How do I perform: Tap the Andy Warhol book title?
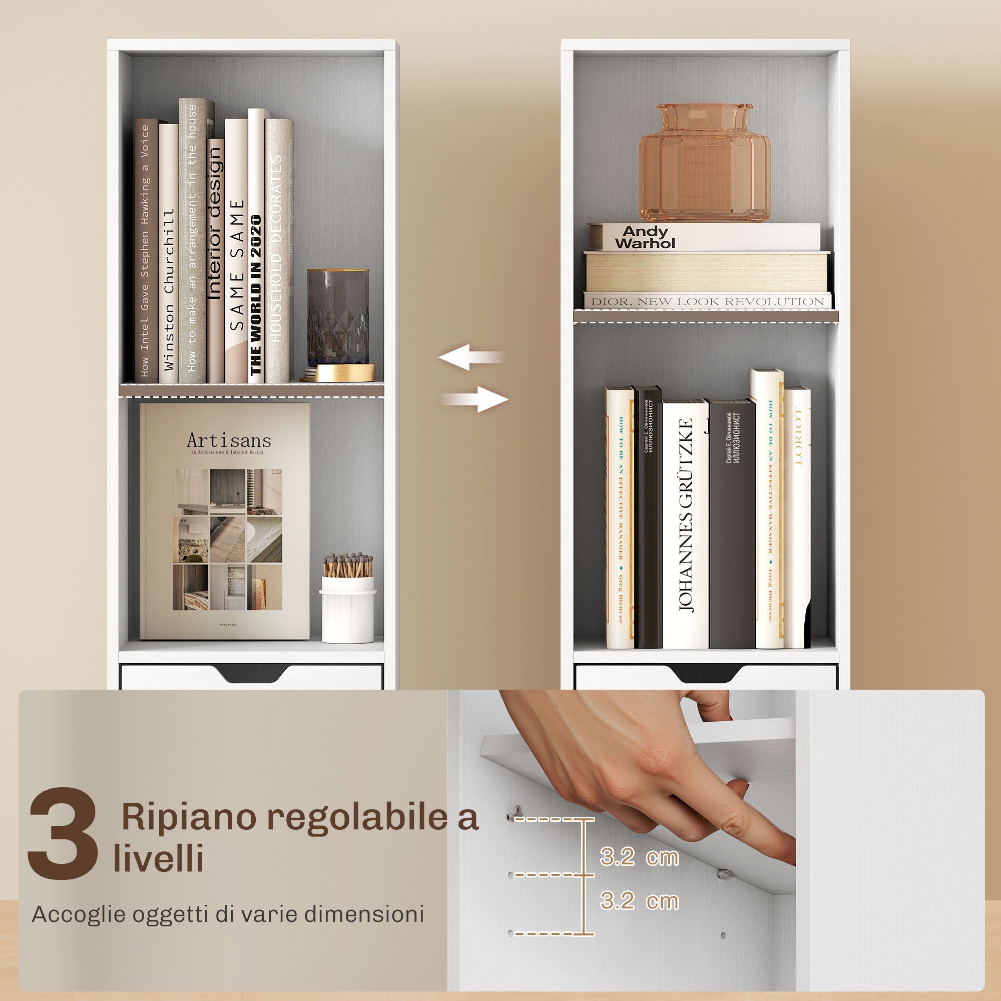tap(645, 237)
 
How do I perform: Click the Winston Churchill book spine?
tap(168, 290)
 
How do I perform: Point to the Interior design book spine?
tap(216, 223)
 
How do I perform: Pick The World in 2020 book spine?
tap(256, 295)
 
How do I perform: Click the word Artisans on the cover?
tap(229, 441)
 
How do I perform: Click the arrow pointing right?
tap(475, 399)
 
